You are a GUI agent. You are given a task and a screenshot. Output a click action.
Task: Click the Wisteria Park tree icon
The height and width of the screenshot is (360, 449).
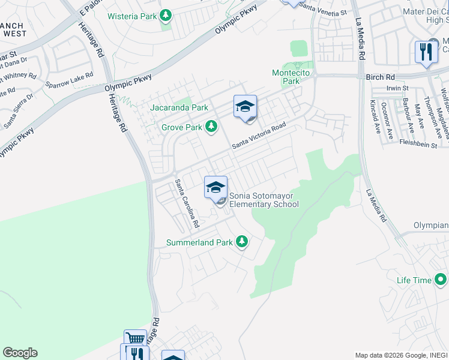click(x=166, y=16)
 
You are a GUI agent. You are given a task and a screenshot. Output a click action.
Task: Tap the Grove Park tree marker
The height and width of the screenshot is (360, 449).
click(x=211, y=127)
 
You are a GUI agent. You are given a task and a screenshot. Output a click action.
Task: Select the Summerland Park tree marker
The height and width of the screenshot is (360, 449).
click(x=241, y=241)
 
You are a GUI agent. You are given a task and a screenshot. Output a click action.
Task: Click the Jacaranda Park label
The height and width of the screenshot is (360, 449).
click(x=180, y=107)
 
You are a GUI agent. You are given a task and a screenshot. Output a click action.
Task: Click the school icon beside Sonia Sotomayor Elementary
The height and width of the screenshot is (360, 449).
click(x=215, y=188)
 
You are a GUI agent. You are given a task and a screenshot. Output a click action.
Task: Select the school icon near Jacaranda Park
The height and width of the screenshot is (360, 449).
click(x=245, y=106)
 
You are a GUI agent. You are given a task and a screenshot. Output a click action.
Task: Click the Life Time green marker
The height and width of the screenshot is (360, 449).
click(x=441, y=280)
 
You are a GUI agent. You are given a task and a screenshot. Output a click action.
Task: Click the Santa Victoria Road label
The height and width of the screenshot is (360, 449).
click(x=259, y=137)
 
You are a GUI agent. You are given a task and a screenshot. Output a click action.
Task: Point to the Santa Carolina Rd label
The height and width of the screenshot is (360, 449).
click(x=187, y=203)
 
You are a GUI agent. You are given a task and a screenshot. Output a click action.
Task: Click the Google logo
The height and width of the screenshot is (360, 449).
click(x=20, y=353)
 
